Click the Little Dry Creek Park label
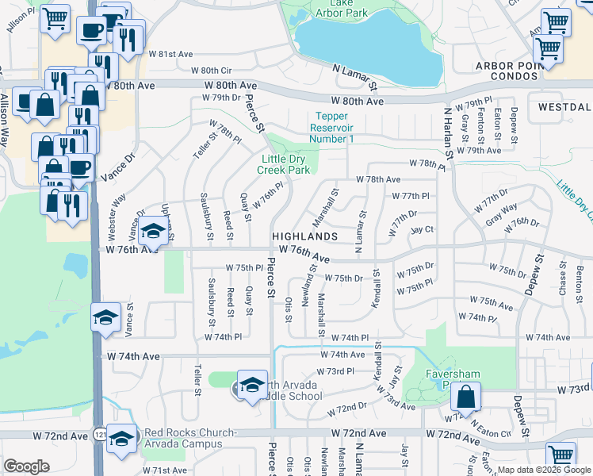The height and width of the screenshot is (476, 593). coord(286,163)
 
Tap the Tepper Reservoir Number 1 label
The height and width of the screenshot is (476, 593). coord(331,128)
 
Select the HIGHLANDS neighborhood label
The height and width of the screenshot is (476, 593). coord(305,236)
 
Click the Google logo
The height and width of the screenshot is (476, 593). coord(26,466)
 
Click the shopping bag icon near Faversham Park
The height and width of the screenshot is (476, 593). coord(468,396)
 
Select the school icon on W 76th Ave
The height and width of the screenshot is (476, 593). coord(154,232)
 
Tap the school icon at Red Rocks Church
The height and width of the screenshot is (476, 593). coord(121,438)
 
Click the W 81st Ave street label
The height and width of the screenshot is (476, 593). coord(170,54)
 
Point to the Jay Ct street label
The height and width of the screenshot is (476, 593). coord(423,229)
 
